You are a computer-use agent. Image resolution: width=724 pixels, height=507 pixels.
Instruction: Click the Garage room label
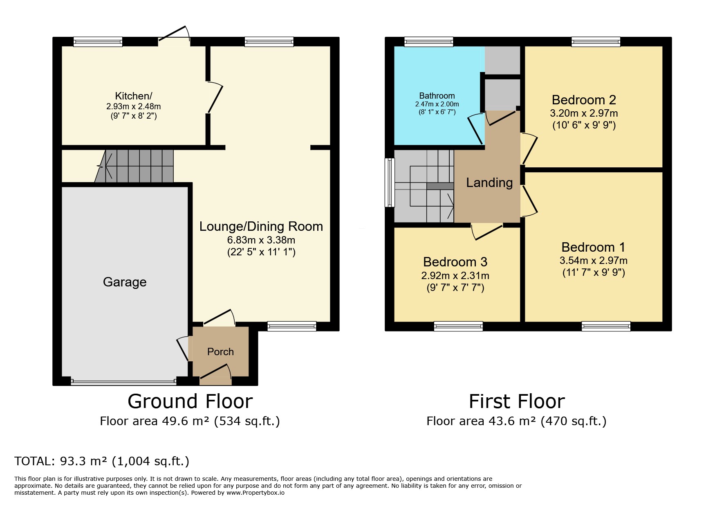pos(125,282)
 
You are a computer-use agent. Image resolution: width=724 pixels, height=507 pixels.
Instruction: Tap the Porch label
pos(220,352)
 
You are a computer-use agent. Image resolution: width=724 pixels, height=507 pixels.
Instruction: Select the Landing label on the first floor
pos(489,183)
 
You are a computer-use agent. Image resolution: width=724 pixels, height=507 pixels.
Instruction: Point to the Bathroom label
pos(437,96)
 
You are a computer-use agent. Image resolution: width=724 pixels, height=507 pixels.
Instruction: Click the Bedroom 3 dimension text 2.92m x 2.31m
pos(455,275)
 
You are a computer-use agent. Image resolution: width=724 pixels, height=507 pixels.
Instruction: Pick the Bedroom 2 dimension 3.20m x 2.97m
pos(584,113)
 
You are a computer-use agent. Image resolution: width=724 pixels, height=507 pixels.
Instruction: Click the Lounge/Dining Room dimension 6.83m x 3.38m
pos(261,240)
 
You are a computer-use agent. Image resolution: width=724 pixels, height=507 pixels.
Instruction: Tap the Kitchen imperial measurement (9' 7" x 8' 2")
pos(134,116)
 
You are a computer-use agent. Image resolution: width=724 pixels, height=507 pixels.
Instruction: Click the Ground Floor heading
pos(190,401)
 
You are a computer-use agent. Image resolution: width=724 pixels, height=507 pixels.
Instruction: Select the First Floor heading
pos(517,401)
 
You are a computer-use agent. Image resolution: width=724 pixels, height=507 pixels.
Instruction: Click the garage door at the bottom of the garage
pos(123,381)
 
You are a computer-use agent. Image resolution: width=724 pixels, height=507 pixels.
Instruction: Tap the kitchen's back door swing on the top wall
pos(174,34)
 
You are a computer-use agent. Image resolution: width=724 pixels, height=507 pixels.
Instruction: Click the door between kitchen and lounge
pos(215,97)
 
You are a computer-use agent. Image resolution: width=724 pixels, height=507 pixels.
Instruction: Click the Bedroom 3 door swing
pos(486,231)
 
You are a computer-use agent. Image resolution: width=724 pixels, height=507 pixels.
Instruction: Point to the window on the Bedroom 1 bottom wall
pos(606,326)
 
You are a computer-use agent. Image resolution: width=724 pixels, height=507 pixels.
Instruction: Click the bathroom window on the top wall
pos(429,41)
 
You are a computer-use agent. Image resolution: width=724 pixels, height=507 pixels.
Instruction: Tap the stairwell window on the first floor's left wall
pos(390,183)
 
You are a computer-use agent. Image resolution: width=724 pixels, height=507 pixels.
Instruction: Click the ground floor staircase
pos(134,166)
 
